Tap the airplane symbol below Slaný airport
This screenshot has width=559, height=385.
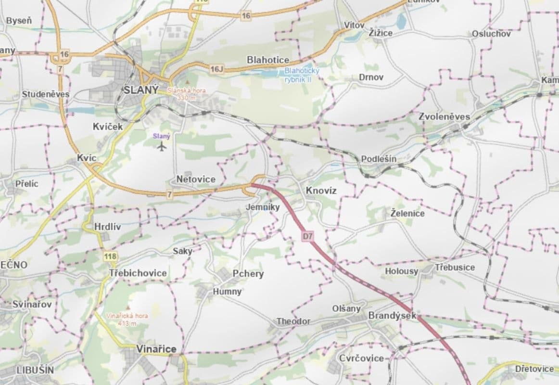[162, 145]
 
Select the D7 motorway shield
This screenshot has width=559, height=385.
[308, 236]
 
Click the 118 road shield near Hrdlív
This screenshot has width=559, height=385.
[110, 257]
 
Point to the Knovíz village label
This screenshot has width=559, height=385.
[321, 191]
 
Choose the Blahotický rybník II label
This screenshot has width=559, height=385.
[298, 74]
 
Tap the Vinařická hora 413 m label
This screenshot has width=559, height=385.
[127, 320]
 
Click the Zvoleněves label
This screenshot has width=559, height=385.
[444, 116]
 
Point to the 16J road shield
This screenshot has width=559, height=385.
[217, 69]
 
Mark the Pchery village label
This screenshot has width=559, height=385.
[248, 273]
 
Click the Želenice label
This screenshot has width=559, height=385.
[407, 213]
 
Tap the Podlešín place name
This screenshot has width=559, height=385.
[379, 159]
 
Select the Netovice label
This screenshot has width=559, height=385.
[196, 179]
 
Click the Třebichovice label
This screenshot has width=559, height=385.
[138, 273]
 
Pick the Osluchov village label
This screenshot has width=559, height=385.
[491, 34]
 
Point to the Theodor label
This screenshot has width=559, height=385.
[293, 321]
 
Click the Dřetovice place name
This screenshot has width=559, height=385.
[534, 369]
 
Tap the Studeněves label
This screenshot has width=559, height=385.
[46, 94]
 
